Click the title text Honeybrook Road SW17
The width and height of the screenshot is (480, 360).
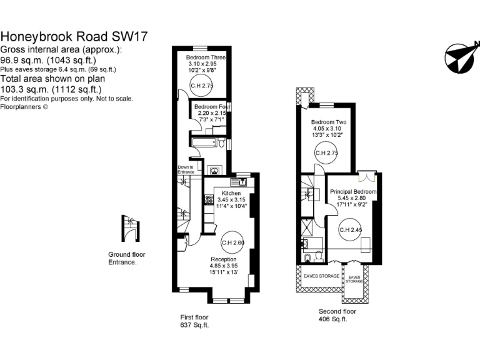click(74, 37)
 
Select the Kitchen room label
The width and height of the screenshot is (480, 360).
click(231, 193)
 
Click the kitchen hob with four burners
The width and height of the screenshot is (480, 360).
click(209, 201)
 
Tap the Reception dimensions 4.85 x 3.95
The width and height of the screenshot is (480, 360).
click(223, 265)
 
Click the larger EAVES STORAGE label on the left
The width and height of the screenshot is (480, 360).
click(322, 276)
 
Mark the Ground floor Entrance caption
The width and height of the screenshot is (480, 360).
click(127, 259)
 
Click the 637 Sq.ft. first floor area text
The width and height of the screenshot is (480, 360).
click(194, 325)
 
